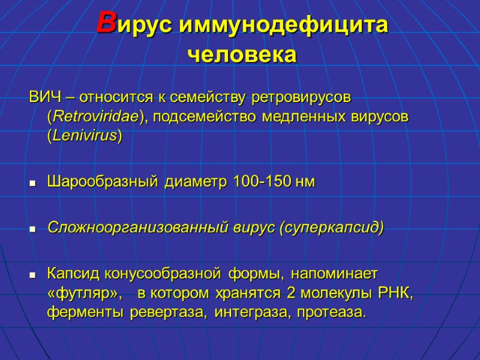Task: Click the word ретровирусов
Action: click(302, 97)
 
